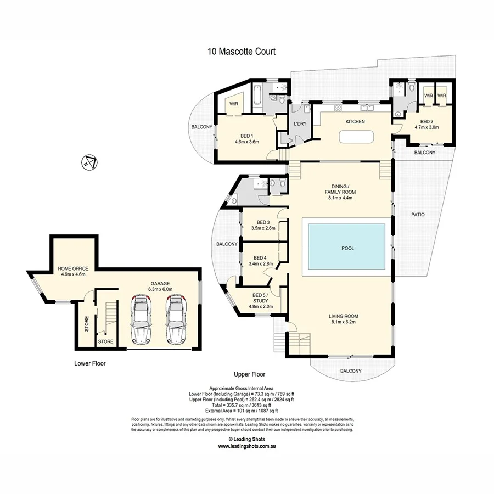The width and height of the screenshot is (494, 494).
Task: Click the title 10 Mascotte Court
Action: pos(241,52)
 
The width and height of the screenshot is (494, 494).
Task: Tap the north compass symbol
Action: pos(89,161)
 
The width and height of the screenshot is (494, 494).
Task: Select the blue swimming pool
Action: pos(346,248)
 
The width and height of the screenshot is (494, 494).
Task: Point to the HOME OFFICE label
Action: pos(72,268)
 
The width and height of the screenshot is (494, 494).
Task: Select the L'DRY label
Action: pos(300,123)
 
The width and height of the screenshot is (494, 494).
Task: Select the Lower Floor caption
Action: pos(89,363)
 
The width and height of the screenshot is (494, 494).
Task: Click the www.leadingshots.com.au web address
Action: pos(246,446)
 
